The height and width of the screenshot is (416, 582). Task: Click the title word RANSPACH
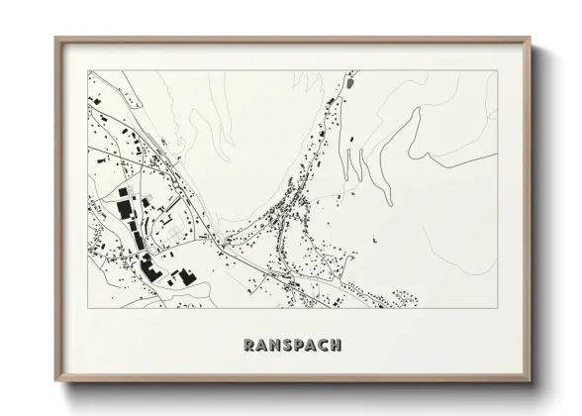(x=292, y=345)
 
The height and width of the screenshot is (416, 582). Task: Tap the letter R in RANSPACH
(x=249, y=345)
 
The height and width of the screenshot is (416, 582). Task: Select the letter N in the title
(x=274, y=345)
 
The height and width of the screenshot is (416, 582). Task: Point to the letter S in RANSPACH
(x=287, y=345)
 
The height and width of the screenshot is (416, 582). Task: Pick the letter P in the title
(x=299, y=345)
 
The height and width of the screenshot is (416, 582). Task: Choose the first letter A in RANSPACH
(x=261, y=345)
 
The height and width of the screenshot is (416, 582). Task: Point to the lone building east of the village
(x=375, y=240)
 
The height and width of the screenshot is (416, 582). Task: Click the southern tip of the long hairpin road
(x=348, y=181)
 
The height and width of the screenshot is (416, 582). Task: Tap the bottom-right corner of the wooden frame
(x=532, y=380)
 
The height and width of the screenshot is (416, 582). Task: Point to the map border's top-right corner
(x=497, y=69)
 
